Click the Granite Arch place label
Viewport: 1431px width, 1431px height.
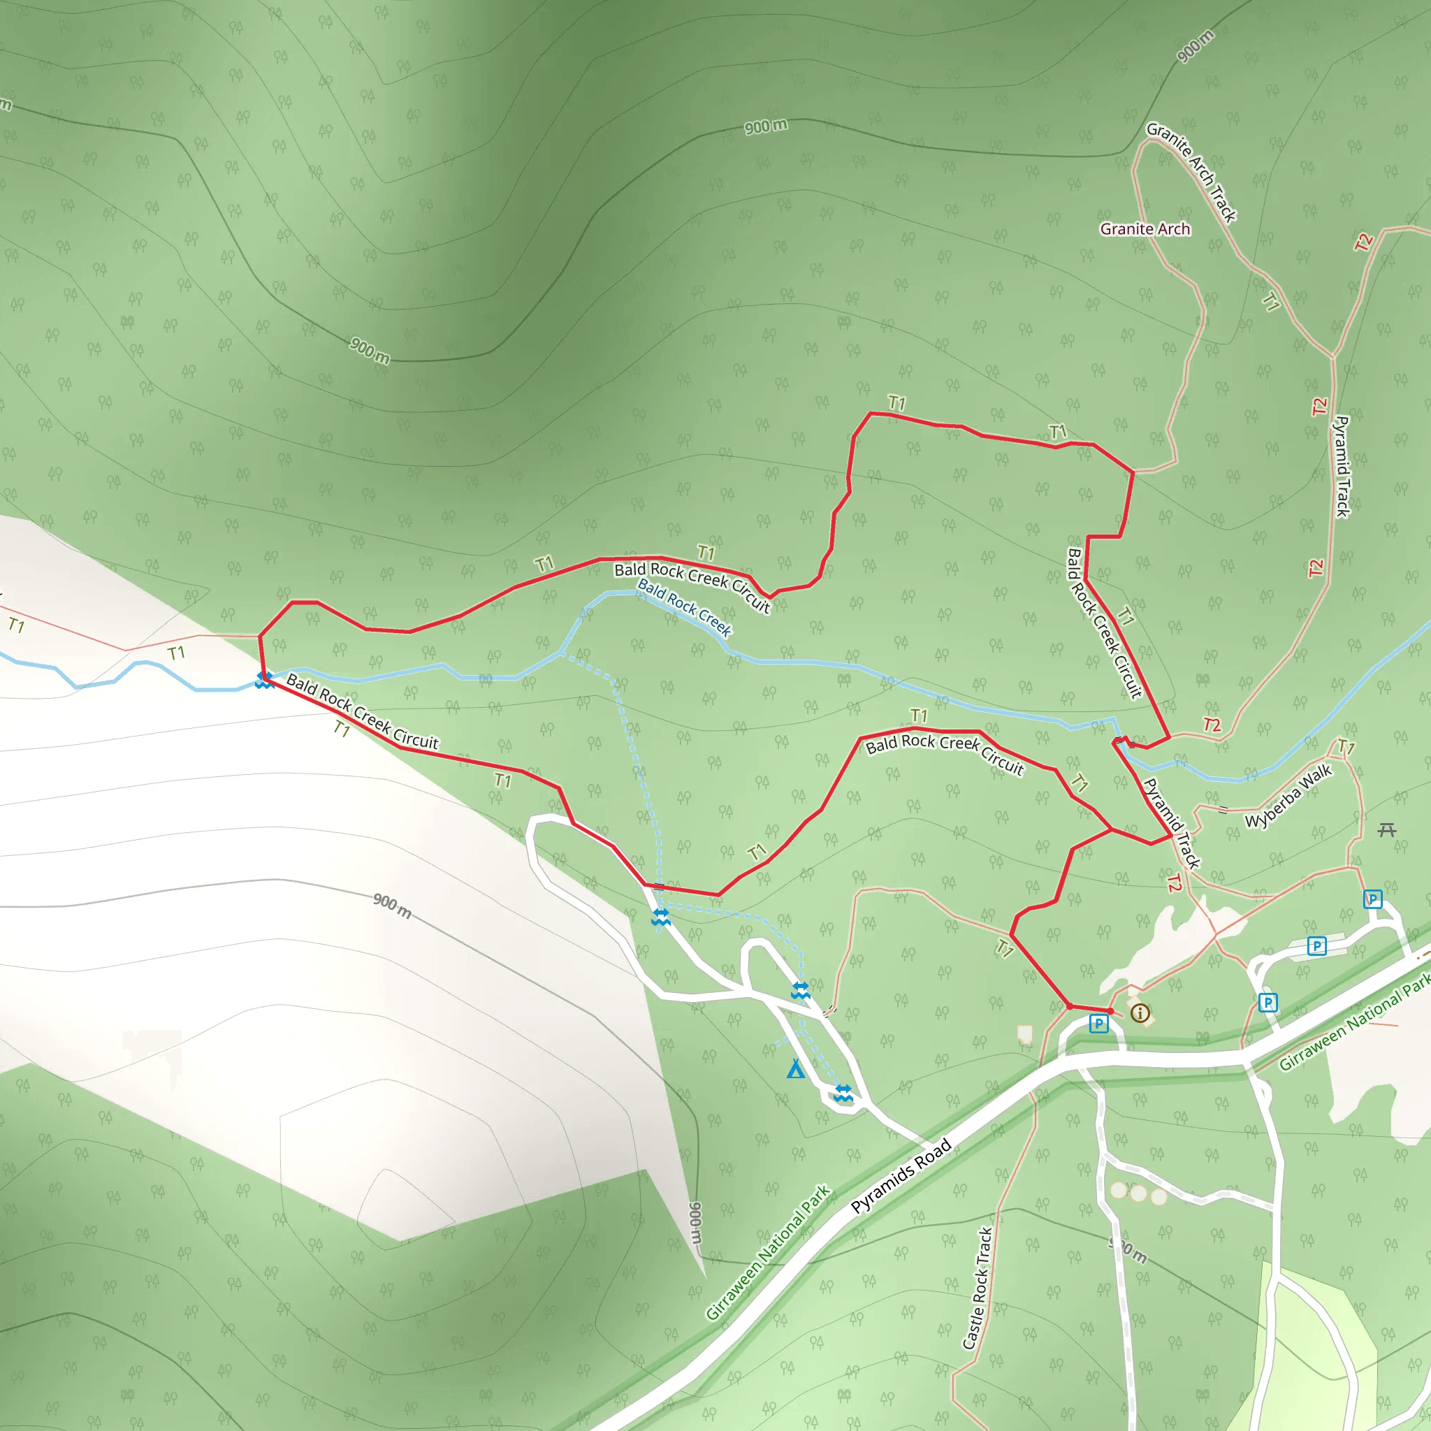1145,229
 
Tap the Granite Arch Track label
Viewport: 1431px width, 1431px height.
1192,172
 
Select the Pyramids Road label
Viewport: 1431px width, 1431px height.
901,1177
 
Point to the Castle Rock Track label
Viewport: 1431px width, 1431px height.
977,1288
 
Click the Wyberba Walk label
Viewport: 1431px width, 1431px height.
1288,797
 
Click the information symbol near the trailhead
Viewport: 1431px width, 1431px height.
1140,1012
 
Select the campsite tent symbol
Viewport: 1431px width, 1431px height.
795,1069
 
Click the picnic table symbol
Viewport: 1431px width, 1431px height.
1386,829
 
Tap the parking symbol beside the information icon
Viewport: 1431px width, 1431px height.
1098,1024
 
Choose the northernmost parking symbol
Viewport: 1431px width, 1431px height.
1372,899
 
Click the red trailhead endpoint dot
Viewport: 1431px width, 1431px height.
1110,1011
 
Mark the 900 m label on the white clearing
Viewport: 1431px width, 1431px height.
392,905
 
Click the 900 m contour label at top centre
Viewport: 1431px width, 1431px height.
766,126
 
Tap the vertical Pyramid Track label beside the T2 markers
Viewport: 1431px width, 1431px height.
1342,467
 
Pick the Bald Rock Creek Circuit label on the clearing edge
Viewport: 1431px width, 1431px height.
362,711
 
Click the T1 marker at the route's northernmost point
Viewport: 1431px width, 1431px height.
896,403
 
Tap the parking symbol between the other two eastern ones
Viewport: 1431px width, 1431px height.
1316,946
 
